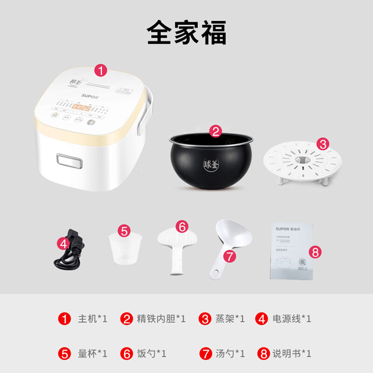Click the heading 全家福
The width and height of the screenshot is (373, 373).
(186, 33)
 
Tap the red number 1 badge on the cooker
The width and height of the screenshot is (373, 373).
(101, 70)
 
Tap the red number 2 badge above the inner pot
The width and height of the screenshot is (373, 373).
(214, 131)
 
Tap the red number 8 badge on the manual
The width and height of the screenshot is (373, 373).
(315, 252)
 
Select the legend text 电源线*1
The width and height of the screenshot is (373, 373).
(292, 319)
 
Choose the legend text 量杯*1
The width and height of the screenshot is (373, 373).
(92, 353)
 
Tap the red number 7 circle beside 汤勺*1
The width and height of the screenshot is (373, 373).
(206, 353)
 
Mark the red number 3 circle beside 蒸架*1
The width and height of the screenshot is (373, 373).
(206, 319)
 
